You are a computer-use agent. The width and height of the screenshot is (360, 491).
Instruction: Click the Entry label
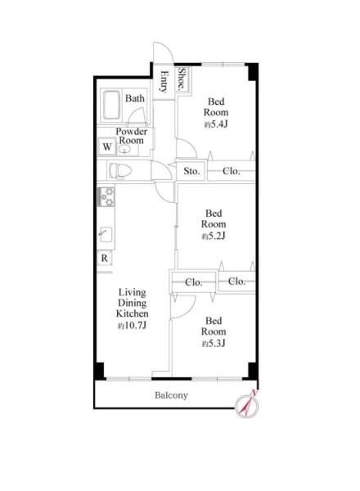click(164, 82)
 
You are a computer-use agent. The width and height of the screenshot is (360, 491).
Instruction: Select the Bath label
click(135, 98)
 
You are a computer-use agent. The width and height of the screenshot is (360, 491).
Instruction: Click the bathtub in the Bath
click(111, 106)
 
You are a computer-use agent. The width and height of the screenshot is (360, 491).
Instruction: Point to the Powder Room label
click(132, 136)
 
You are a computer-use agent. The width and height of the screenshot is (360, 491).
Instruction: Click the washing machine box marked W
click(107, 146)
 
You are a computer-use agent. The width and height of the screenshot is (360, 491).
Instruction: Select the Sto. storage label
click(191, 171)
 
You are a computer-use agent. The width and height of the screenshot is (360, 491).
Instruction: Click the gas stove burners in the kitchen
click(106, 196)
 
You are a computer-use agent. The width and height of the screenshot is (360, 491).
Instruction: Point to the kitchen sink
click(106, 234)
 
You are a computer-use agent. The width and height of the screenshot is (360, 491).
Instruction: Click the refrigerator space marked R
click(104, 259)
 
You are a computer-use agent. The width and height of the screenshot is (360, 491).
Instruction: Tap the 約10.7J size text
click(132, 326)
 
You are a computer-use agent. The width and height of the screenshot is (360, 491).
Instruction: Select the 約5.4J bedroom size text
click(216, 124)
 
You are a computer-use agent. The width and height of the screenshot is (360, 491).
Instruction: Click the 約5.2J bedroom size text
click(214, 236)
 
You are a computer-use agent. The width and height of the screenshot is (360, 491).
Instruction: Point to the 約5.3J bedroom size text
click(214, 344)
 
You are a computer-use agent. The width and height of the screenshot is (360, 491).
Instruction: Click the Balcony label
click(171, 395)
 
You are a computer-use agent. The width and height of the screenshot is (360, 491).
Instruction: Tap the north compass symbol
click(247, 406)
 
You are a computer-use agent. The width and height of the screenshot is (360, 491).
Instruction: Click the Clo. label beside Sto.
click(232, 171)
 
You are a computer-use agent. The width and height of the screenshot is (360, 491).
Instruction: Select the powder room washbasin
click(124, 149)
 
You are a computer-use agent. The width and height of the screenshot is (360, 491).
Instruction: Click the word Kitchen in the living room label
click(132, 313)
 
